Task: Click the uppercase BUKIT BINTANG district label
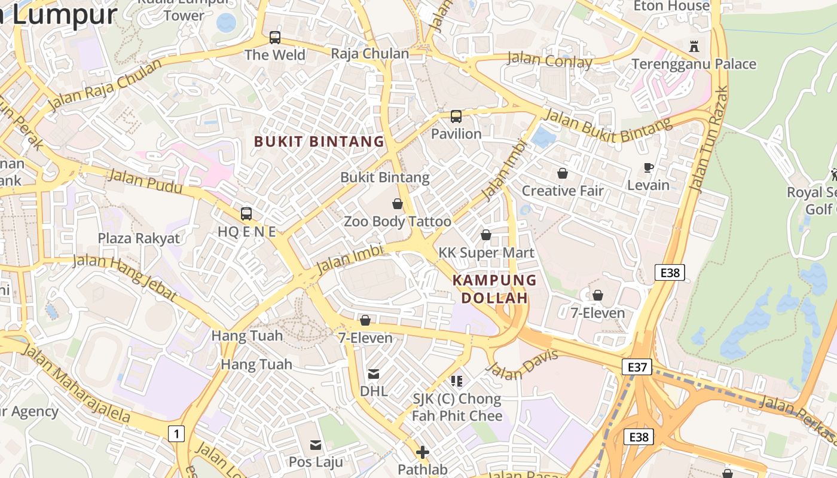319,142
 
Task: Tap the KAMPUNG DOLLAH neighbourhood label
494,289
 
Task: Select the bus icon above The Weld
275,38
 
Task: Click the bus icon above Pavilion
456,117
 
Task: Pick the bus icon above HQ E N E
246,213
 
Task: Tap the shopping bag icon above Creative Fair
563,173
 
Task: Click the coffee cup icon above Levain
649,167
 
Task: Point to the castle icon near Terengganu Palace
694,46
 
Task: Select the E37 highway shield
636,367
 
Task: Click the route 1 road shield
176,433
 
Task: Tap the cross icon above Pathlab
423,452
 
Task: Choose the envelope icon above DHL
374,374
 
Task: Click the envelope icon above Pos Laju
316,445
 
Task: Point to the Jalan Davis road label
523,364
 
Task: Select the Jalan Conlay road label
549,60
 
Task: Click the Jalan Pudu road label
145,182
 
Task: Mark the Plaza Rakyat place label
139,238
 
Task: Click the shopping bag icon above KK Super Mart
486,235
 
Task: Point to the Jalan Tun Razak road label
709,139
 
